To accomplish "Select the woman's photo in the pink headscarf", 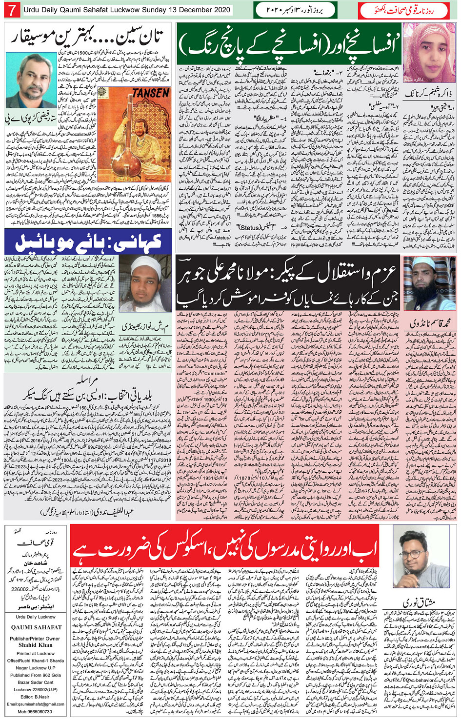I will click(428, 54).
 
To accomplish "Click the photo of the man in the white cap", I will click(145, 283).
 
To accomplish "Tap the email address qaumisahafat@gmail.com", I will click(36, 704).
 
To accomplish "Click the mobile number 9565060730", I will click(36, 711).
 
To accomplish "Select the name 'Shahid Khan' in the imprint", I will click(36, 644).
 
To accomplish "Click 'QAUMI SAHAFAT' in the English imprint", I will click(36, 627).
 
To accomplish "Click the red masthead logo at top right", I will click(404, 10).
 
